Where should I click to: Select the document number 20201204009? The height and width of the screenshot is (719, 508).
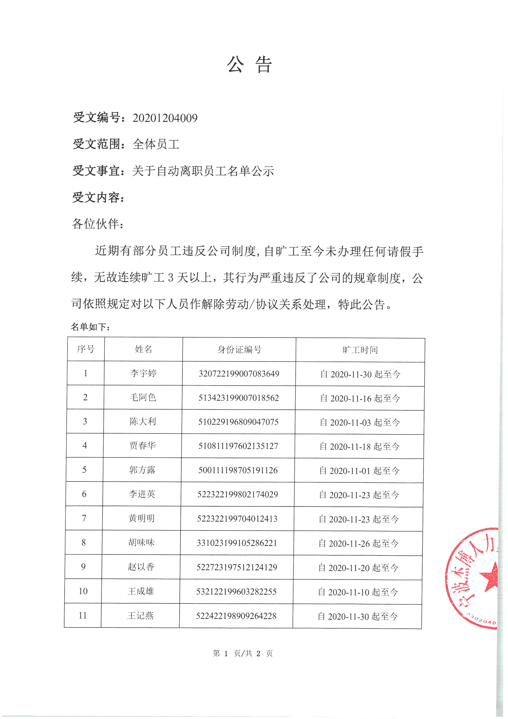(x=165, y=118)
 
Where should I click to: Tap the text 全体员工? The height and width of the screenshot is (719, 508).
(x=156, y=144)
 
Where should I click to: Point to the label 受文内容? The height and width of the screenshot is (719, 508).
(x=98, y=198)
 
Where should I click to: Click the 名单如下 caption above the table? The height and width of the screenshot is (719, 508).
(x=90, y=327)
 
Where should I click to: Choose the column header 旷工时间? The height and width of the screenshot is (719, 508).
(x=360, y=350)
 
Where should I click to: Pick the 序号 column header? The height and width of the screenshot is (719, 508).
(x=86, y=349)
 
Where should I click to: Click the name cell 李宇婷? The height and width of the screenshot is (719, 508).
(x=143, y=373)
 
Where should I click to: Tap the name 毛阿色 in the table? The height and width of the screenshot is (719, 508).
(x=143, y=397)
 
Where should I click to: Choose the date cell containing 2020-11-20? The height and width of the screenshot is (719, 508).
(x=358, y=568)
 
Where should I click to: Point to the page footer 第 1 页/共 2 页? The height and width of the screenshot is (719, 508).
(x=243, y=653)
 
